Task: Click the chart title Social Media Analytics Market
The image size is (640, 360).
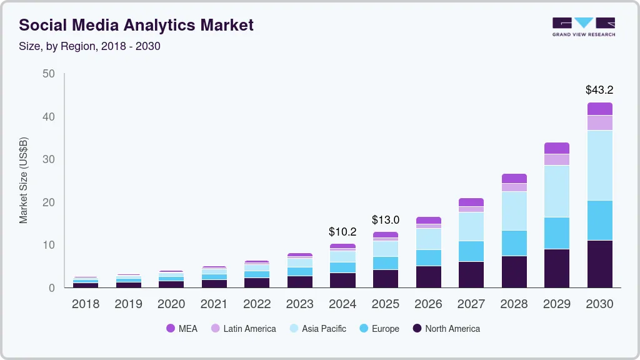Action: [136, 26]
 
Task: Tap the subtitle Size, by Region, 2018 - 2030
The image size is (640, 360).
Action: [90, 46]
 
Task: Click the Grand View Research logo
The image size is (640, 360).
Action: [583, 27]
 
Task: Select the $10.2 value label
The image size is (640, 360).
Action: [342, 232]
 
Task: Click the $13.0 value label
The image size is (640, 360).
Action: [385, 220]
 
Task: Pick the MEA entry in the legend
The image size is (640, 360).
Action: [182, 329]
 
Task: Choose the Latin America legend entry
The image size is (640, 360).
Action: [243, 329]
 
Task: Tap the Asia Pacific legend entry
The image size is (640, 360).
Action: [317, 329]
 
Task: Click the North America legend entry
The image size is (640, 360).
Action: [446, 329]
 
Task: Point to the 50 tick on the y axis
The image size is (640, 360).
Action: [48, 74]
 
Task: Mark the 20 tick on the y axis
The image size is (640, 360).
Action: [48, 202]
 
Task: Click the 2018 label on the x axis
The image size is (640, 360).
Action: [86, 304]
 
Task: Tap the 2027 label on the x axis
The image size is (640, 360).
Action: [471, 304]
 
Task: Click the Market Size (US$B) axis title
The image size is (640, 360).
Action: [24, 180]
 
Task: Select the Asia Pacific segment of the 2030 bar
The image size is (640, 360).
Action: [599, 165]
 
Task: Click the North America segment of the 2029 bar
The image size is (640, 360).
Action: [557, 268]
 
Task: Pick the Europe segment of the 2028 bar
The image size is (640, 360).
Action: [514, 243]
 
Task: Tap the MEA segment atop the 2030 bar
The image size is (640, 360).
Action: [599, 109]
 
